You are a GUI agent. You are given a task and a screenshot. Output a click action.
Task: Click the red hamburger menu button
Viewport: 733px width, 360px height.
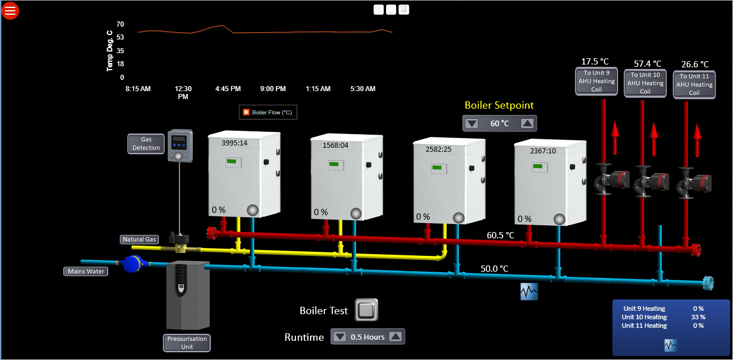tap(10, 10)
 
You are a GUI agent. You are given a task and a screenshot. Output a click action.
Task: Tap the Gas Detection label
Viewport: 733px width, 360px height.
tap(146, 143)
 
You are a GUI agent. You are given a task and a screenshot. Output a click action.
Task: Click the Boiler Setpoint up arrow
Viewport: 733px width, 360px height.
tap(527, 123)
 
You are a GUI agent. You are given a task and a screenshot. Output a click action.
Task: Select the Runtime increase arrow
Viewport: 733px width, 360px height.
tap(396, 337)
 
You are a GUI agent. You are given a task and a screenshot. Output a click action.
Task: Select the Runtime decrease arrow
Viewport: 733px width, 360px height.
tap(340, 337)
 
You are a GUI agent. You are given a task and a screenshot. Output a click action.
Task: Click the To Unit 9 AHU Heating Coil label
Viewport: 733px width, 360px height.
tap(596, 81)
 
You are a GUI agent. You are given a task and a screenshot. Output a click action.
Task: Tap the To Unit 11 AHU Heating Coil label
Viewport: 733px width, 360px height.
tap(694, 84)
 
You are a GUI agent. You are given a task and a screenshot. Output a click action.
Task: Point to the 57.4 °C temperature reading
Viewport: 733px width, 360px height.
tap(648, 64)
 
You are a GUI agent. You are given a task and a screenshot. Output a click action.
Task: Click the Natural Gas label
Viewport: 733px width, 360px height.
tap(139, 239)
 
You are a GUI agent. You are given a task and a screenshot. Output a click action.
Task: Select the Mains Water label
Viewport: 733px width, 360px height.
tap(86, 271)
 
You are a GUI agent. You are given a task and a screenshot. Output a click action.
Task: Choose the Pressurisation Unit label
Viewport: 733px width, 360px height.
tap(187, 342)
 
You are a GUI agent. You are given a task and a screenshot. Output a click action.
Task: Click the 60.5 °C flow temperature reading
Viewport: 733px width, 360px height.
tap(500, 235)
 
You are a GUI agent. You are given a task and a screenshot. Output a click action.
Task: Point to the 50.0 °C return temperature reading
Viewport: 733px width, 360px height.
tap(494, 268)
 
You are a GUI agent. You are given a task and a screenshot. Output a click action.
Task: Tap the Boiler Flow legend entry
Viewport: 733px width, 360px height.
tap(268, 112)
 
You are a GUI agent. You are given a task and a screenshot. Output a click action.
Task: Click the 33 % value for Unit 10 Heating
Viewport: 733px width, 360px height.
tap(698, 317)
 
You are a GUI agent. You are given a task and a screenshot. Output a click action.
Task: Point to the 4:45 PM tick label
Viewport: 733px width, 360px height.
tap(228, 89)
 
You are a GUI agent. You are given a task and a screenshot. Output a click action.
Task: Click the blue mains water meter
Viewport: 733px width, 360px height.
tap(133, 263)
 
